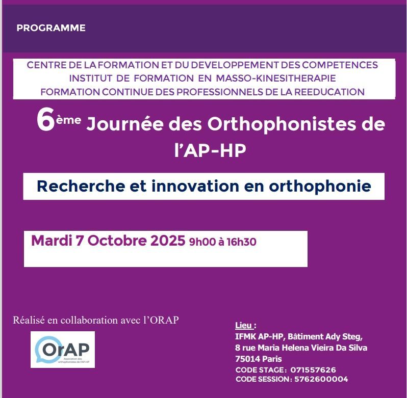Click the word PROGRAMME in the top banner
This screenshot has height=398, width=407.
tap(51, 28)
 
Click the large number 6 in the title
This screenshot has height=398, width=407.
tap(46, 122)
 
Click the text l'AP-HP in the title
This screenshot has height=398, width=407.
tap(214, 150)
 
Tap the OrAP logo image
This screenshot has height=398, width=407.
tap(63, 350)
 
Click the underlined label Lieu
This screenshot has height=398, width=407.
tap(245, 325)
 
